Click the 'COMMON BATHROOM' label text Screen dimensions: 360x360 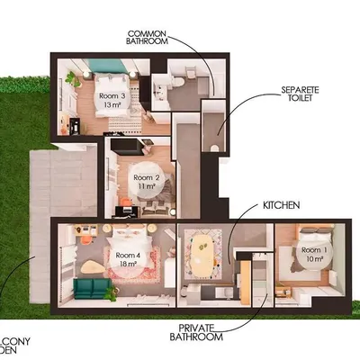coord(149,36)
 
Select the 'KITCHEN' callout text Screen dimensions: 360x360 coord(280,206)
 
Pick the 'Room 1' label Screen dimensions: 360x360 coord(314,249)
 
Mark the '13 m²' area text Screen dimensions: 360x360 coord(112,105)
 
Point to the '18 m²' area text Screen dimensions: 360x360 coord(126,265)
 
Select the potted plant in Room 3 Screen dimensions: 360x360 coord(69,79)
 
